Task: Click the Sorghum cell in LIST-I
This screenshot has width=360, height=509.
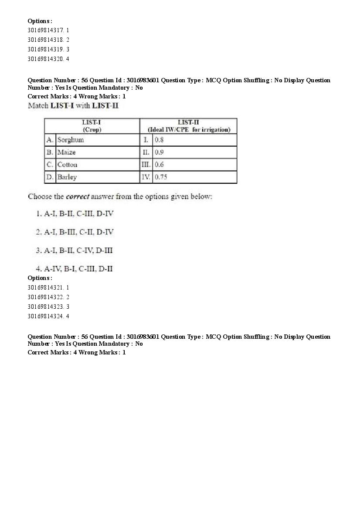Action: coord(71,140)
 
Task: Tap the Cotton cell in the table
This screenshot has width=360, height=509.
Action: coord(67,165)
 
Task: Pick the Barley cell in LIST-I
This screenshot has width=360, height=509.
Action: coord(67,177)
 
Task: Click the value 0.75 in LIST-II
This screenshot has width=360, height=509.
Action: coord(161,177)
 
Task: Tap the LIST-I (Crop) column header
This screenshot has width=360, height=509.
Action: coord(92,126)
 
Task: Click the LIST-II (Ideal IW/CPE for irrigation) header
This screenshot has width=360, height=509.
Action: coord(189,126)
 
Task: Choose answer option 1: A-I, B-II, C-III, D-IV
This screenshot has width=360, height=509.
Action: coord(75,214)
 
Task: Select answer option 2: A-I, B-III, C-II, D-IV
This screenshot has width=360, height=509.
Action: coord(75,232)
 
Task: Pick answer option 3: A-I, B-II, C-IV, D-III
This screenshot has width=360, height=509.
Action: coord(75,250)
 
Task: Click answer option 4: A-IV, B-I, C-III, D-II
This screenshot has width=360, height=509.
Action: coord(75,269)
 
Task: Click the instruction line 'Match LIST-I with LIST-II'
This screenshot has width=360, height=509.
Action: coord(73,105)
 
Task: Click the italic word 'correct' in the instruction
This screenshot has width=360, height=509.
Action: coord(78,196)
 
